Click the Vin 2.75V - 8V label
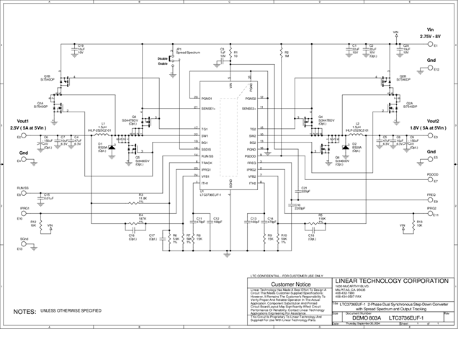point(432,32)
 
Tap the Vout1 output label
point(19,124)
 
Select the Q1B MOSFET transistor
point(70,81)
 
